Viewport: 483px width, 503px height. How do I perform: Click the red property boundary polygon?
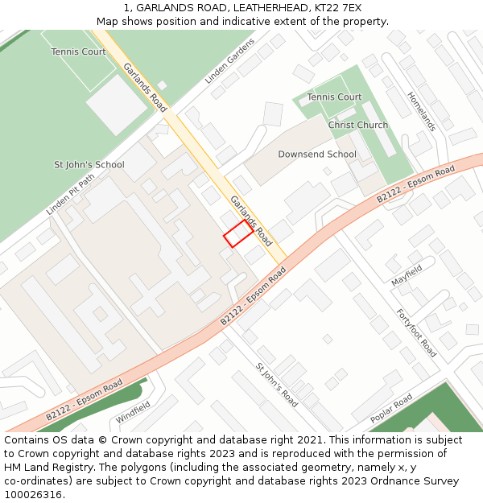pyautogui.click(x=238, y=233)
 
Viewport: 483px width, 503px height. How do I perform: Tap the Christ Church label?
pyautogui.click(x=358, y=125)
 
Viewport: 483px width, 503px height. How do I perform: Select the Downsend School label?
pyautogui.click(x=317, y=154)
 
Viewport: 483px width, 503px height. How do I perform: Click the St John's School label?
pyautogui.click(x=89, y=165)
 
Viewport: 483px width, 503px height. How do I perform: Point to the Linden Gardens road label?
pyautogui.click(x=229, y=60)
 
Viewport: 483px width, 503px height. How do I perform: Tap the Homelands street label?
pyautogui.click(x=421, y=111)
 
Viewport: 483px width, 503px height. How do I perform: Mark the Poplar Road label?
pyautogui.click(x=391, y=409)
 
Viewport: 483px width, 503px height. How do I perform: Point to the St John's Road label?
pyautogui.click(x=277, y=385)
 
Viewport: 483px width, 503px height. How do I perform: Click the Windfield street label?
pyautogui.click(x=133, y=413)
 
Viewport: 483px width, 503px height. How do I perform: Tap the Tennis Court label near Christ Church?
pyautogui.click(x=334, y=97)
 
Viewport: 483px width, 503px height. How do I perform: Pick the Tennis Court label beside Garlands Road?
pyautogui.click(x=78, y=52)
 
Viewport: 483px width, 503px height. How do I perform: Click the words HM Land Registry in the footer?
pyautogui.click(x=42, y=468)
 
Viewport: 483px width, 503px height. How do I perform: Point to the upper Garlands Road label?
pyautogui.click(x=146, y=86)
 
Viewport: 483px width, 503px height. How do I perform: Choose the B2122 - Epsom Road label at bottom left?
pyautogui.click(x=85, y=399)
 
